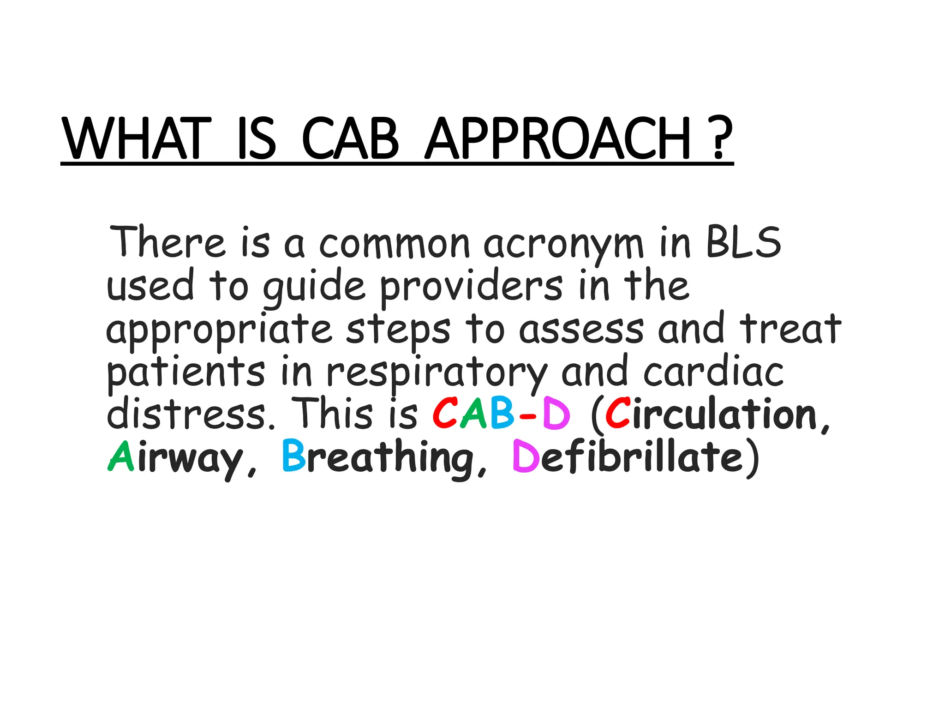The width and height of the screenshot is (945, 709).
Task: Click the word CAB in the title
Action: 350,138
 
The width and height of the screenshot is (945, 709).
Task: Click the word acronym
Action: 563,245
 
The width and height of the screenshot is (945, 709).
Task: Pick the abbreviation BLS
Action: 743,242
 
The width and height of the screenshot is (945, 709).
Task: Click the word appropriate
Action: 219,330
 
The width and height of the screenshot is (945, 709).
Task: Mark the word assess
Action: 581,330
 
